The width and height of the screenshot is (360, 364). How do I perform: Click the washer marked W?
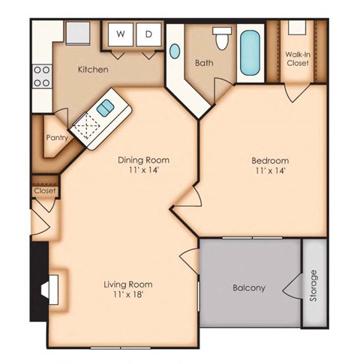coord(120,34)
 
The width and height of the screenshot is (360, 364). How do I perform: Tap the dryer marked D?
coord(148,34)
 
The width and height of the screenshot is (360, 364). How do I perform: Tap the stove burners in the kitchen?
coord(42,76)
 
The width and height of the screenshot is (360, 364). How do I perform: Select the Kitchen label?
coord(94,70)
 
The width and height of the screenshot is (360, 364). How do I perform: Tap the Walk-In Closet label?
coord(298,58)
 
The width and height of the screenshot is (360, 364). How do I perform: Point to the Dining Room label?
coord(143,160)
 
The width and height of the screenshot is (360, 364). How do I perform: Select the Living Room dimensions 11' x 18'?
coord(128,295)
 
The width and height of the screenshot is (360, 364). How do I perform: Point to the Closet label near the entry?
coord(44,191)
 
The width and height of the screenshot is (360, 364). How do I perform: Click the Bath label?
coord(204,63)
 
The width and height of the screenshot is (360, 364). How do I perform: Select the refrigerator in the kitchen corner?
coord(77,33)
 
